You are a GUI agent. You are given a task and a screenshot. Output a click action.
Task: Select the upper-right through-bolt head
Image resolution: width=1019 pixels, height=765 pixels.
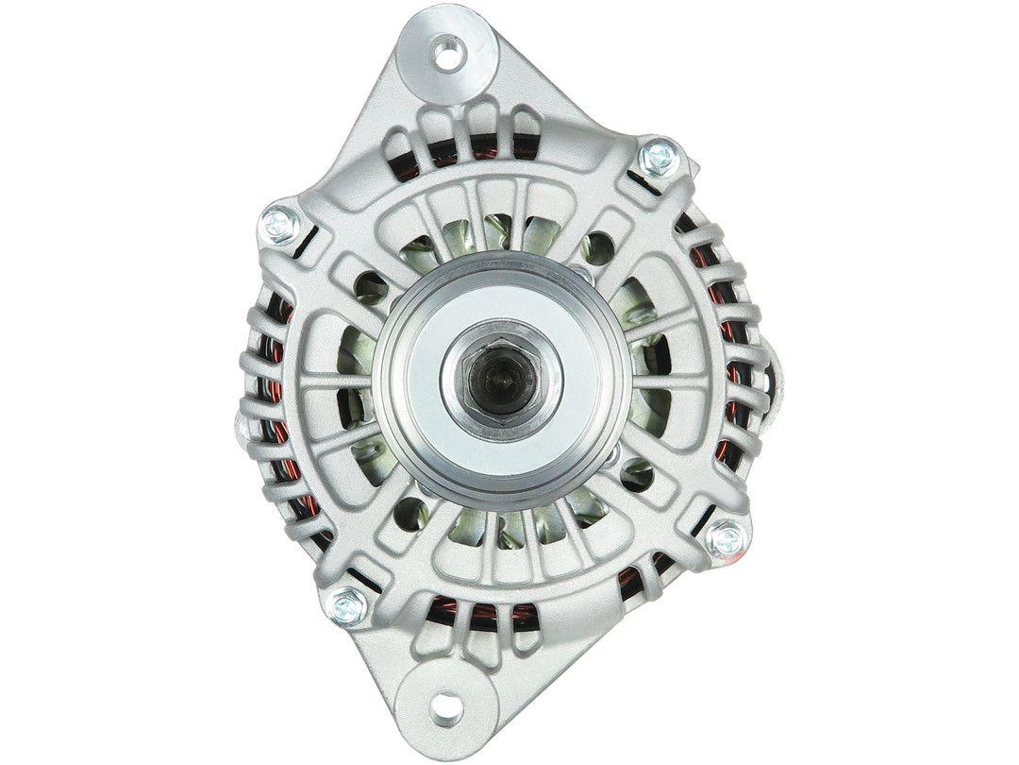(x=658, y=157)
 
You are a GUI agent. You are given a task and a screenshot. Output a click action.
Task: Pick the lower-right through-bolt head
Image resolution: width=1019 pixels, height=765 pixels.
(x=727, y=539)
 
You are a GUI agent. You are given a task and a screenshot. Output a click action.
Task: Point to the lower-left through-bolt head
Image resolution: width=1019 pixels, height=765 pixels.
(x=348, y=604)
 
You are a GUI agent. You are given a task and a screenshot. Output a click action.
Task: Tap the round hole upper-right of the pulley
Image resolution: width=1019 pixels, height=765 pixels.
(x=596, y=249)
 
